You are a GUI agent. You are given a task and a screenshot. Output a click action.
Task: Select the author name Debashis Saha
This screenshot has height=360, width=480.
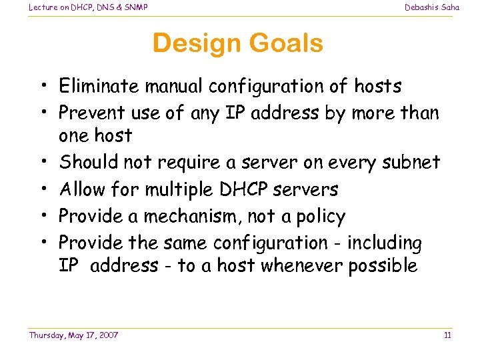pyautogui.click(x=432, y=7)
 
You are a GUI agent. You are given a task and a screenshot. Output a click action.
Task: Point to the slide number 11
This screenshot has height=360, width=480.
pyautogui.click(x=447, y=335)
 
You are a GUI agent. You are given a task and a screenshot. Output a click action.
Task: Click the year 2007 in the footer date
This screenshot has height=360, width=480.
pyautogui.click(x=107, y=335)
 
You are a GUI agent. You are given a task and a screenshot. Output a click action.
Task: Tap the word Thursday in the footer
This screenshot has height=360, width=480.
pyautogui.click(x=47, y=335)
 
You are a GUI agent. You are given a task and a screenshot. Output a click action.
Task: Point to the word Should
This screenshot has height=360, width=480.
pyautogui.click(x=87, y=162)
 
